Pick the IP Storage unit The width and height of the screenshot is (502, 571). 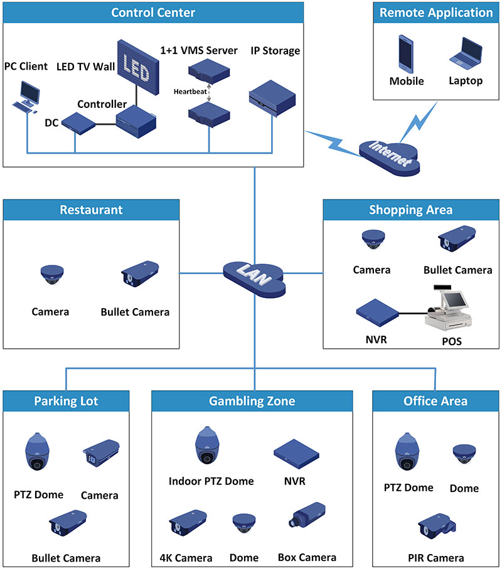coord(272,99)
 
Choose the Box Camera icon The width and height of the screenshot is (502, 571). coord(306,518)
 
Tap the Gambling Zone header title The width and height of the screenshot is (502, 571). coord(252,401)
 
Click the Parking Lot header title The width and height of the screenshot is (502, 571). coord(66,401)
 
